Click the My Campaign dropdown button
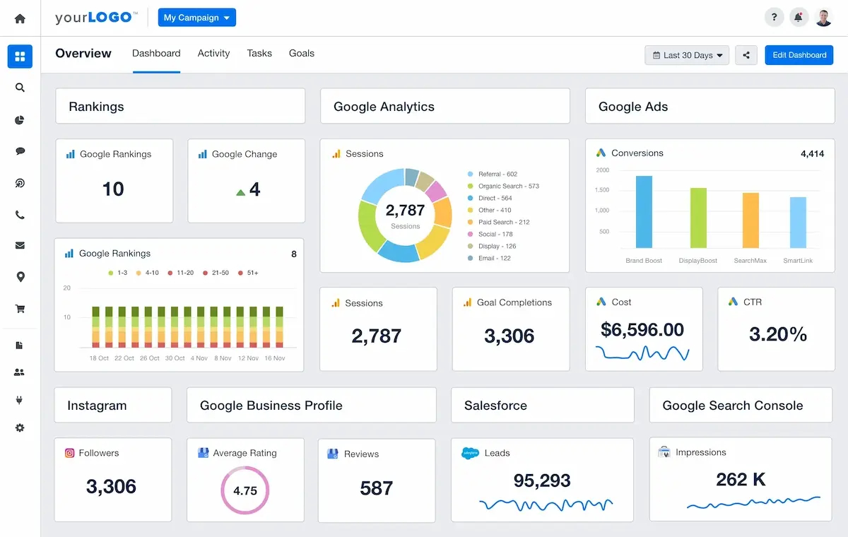(196, 18)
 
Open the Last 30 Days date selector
(687, 55)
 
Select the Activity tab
(213, 53)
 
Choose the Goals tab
(301, 53)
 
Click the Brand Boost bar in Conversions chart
(644, 211)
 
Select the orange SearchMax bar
(750, 220)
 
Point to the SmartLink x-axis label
(798, 261)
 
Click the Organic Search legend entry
(508, 187)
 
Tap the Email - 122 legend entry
(494, 259)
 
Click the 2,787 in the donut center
(405, 211)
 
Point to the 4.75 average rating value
(245, 490)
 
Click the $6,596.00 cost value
(642, 330)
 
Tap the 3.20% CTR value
(777, 334)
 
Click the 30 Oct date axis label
(175, 358)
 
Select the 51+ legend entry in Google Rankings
(250, 273)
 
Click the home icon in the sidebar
(20, 18)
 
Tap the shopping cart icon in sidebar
(20, 309)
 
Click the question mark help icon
(775, 18)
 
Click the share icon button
(746, 55)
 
